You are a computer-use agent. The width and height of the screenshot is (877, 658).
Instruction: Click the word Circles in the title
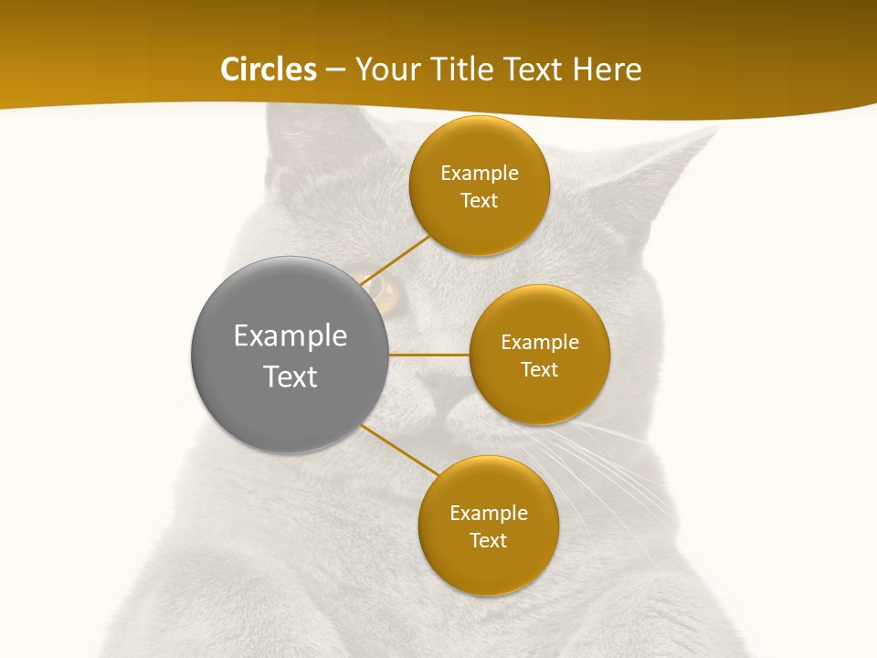pos(268,69)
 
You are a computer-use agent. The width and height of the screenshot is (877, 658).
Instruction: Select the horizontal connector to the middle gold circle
pos(428,355)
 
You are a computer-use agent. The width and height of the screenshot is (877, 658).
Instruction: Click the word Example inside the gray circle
pos(291,336)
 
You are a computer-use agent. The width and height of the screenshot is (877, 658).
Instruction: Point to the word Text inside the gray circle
pos(291,377)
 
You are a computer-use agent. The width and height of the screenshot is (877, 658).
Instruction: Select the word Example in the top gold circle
pos(480,174)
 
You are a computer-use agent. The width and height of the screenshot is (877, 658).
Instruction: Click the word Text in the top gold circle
pos(480,201)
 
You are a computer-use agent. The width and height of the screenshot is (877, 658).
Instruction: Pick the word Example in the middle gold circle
pos(540,343)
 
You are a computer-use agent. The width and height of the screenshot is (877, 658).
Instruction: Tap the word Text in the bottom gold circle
pos(488,541)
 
